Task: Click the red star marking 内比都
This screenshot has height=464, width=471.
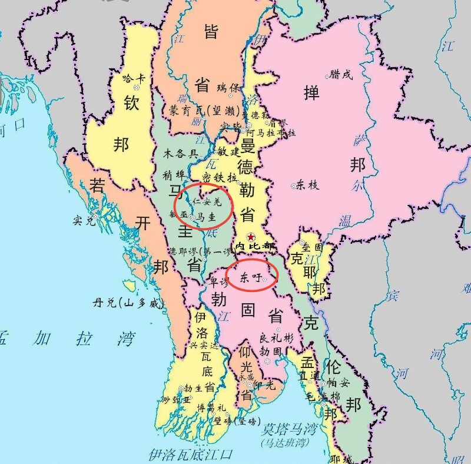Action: point(251,236)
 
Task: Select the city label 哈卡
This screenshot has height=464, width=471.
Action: point(132,77)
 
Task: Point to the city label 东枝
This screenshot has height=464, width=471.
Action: point(307,185)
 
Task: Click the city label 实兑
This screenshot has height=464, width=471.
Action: point(83,221)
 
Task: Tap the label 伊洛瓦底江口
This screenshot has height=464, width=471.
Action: point(190,454)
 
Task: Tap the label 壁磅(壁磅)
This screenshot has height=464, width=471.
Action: point(237,421)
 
